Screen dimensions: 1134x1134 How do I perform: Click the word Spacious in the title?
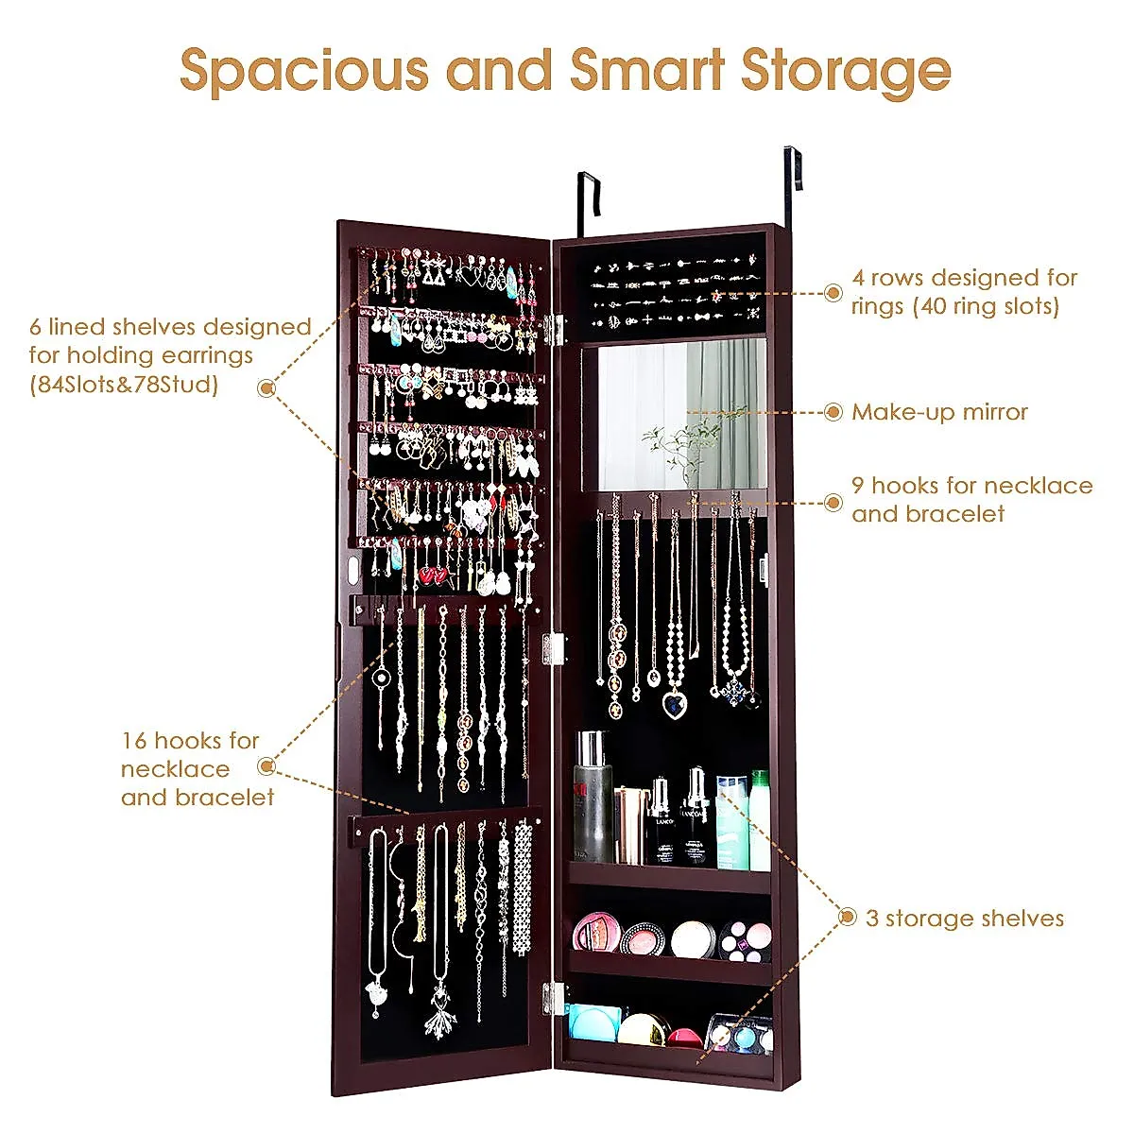(304, 72)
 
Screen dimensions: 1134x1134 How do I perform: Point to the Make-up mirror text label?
(939, 412)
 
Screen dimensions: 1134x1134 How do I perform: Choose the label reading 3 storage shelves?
(964, 919)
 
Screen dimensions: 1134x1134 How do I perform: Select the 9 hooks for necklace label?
(971, 499)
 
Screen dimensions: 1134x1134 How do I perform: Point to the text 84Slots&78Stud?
(125, 385)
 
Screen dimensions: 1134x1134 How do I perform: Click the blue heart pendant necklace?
(674, 704)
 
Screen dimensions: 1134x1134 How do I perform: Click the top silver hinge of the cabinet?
(554, 329)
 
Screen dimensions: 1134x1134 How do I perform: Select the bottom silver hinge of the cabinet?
(554, 997)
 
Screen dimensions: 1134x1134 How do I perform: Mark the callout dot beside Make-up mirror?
(833, 412)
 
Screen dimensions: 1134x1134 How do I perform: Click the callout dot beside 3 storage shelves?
(848, 917)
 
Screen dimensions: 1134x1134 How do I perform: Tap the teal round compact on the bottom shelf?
(593, 1024)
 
